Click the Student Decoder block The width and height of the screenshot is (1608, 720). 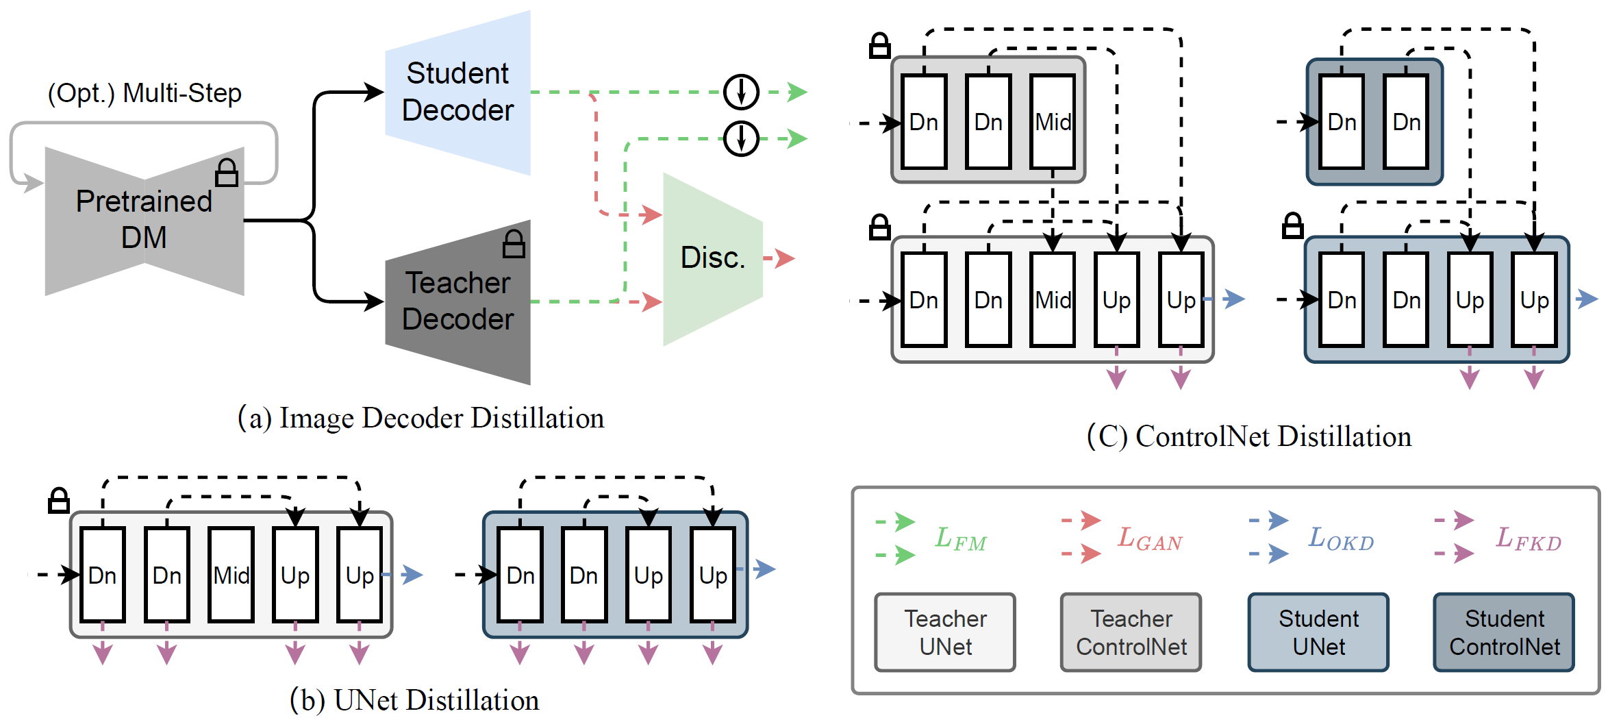[x=457, y=92]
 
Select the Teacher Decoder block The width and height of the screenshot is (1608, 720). [x=457, y=302]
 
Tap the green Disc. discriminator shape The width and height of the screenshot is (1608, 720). [x=712, y=259]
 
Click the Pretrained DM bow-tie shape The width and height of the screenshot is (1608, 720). [x=145, y=221]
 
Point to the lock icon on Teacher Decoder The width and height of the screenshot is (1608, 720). [x=514, y=244]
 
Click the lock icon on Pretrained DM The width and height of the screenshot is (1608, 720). [x=227, y=173]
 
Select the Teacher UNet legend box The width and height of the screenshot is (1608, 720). [x=945, y=632]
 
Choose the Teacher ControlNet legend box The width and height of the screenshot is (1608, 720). [x=1131, y=632]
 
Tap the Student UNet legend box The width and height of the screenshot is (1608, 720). [x=1318, y=632]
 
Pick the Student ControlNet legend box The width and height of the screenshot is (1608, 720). [x=1504, y=632]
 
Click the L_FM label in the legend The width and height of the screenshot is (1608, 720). [x=961, y=539]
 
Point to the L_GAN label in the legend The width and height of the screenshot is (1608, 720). [x=1150, y=538]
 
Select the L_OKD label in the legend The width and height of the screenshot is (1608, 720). [x=1341, y=538]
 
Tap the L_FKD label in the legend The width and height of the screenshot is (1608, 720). [x=1529, y=538]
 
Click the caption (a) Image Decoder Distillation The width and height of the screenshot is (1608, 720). [x=420, y=418]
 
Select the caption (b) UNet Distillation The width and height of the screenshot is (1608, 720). [x=414, y=700]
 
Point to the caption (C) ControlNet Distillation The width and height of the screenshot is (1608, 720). [x=1249, y=436]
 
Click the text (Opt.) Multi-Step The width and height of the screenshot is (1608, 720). [x=145, y=93]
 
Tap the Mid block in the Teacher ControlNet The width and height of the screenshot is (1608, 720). [x=1053, y=122]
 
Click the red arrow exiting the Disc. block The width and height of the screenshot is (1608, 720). [x=779, y=258]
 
